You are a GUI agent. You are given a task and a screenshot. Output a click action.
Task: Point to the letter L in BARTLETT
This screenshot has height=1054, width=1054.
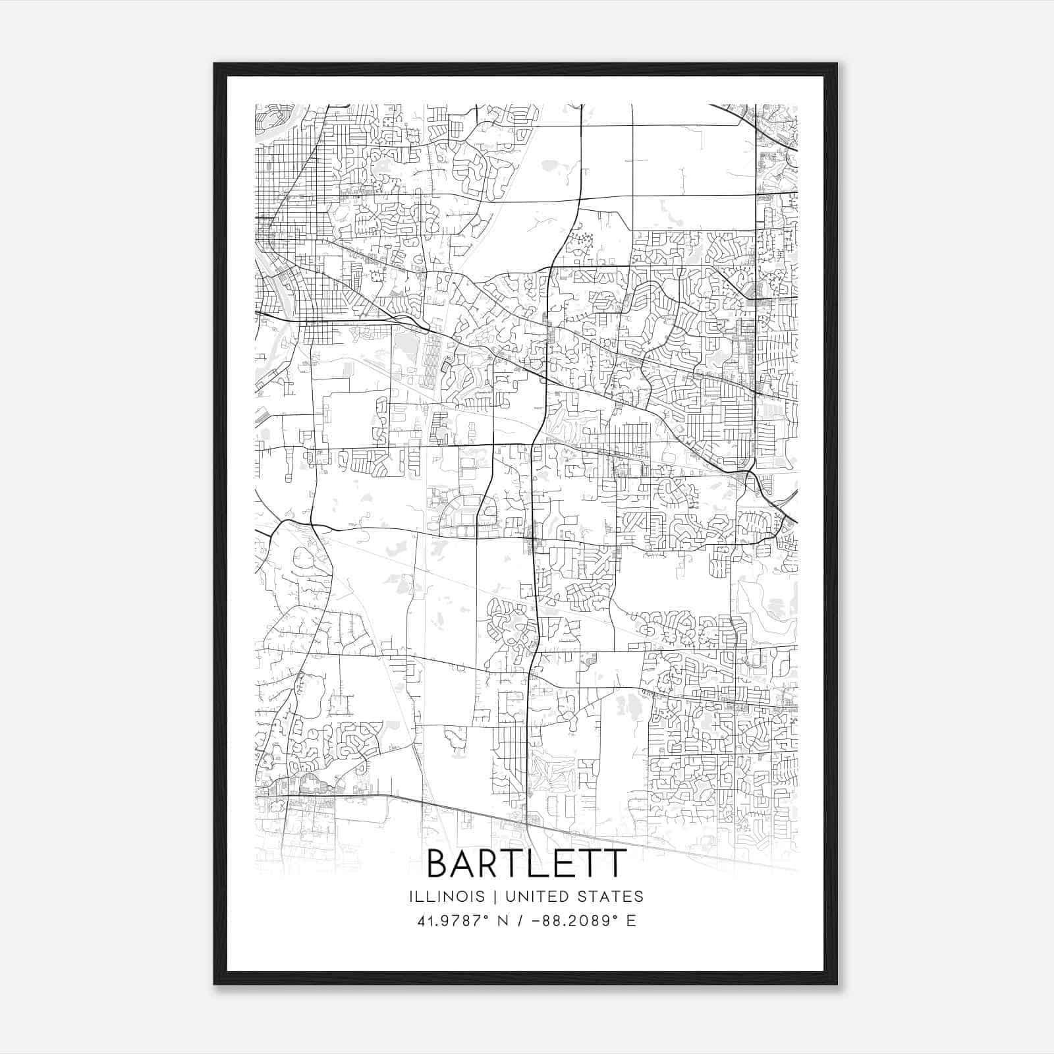(550, 863)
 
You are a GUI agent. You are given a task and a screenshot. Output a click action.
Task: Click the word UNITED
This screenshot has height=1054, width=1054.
(534, 897)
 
